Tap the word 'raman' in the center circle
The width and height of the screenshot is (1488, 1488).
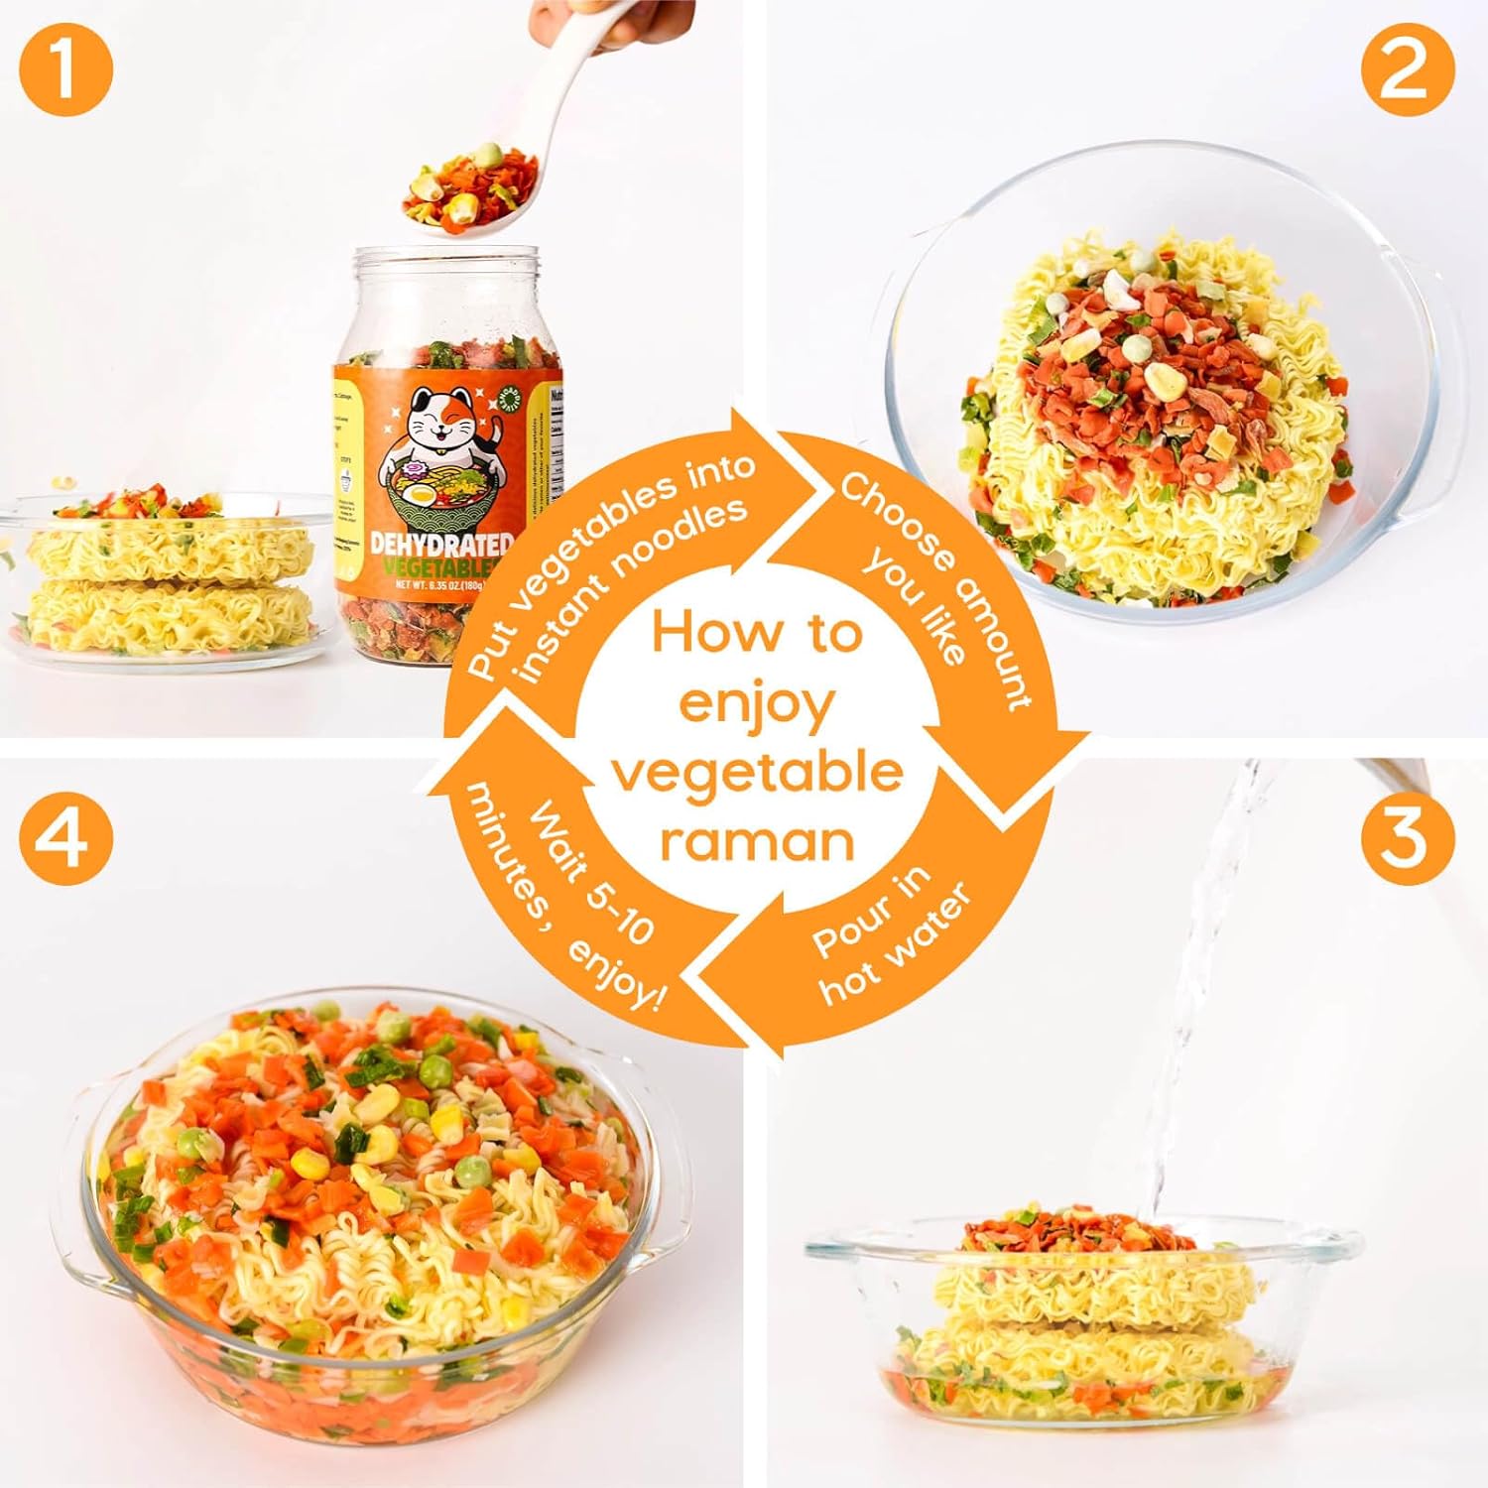(757, 842)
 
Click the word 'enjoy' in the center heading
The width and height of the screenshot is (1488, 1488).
(757, 705)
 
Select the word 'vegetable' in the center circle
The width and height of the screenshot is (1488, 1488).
(757, 773)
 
